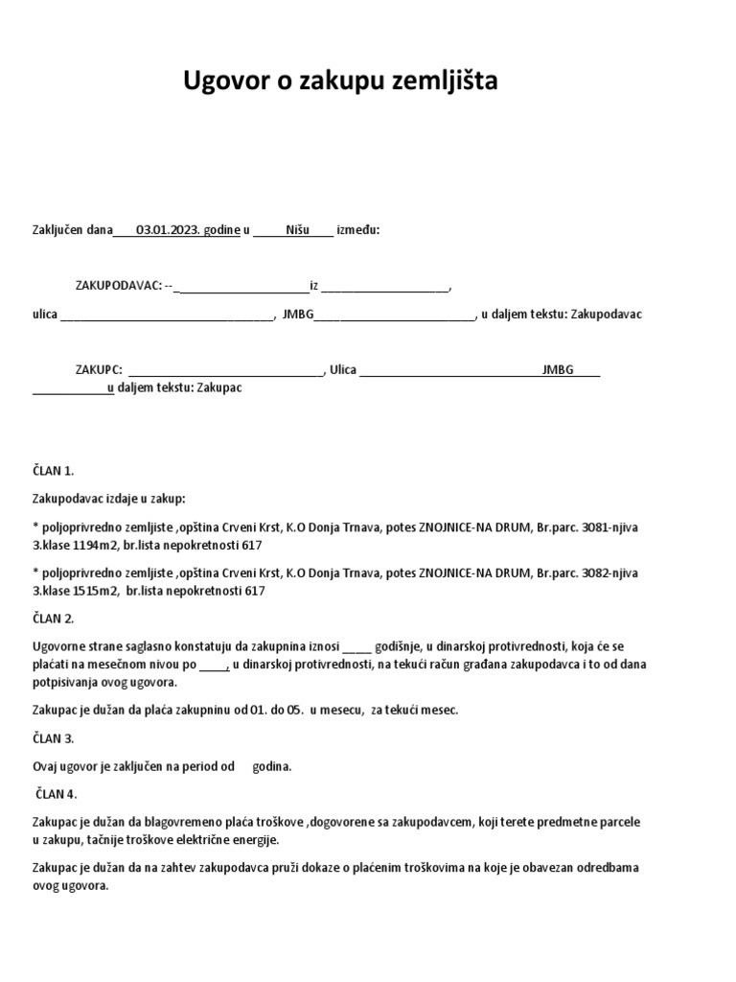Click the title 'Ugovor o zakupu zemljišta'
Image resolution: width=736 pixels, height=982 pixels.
(x=340, y=82)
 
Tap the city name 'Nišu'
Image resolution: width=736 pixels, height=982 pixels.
(x=298, y=230)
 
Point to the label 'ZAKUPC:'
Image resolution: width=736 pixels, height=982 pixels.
(x=99, y=369)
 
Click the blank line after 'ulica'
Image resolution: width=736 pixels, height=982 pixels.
(x=167, y=316)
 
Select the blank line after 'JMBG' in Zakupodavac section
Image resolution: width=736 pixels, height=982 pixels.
(x=394, y=316)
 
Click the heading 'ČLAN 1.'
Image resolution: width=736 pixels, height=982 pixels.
(x=54, y=471)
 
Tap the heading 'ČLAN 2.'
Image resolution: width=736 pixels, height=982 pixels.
(x=54, y=619)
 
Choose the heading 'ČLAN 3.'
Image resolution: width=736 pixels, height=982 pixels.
(x=54, y=738)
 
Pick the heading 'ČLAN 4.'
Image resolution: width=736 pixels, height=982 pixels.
(x=57, y=794)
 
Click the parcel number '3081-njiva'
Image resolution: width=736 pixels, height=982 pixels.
(x=606, y=526)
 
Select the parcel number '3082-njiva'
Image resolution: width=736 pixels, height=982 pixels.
(x=606, y=573)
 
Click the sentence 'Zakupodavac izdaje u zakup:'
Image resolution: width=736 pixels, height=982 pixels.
(x=109, y=499)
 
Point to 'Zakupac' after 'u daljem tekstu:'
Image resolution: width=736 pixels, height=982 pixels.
(x=218, y=388)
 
